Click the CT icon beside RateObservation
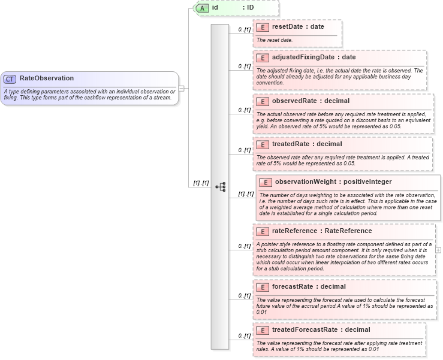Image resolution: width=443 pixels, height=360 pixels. (10, 78)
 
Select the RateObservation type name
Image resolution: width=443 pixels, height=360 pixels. (47, 78)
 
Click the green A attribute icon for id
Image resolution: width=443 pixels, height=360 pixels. (203, 8)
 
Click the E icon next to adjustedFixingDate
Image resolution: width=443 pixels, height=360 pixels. (262, 58)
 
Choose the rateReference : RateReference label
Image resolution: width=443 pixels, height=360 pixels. (322, 231)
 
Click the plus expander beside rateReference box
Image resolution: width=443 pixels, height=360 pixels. (438, 249)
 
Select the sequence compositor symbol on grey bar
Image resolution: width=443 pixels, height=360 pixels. (220, 187)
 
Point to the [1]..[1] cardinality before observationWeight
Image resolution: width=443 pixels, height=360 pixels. (246, 194)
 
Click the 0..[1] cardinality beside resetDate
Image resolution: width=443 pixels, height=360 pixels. (244, 29)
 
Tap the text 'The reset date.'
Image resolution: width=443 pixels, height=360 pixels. (275, 40)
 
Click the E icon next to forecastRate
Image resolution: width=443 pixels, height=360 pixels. (262, 286)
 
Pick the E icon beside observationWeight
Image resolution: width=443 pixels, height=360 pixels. (265, 181)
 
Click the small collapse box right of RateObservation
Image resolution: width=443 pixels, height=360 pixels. (182, 88)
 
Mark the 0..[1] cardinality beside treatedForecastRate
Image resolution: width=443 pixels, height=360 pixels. (244, 336)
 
